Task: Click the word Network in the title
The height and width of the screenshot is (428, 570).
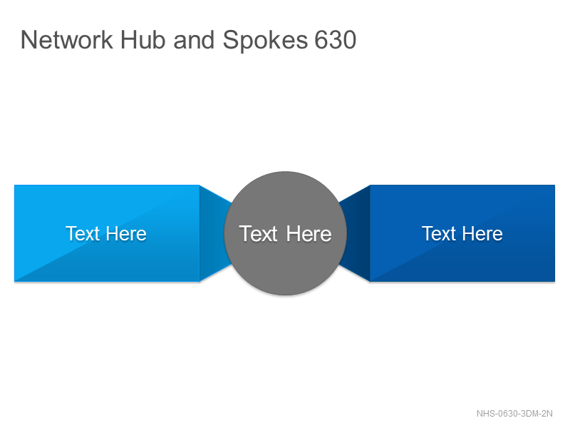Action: (67, 40)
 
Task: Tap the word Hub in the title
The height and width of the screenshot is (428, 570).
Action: (143, 40)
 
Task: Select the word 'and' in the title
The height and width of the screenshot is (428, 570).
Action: (194, 40)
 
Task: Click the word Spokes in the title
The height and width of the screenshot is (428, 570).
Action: (265, 41)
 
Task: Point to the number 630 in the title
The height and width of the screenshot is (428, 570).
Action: (336, 40)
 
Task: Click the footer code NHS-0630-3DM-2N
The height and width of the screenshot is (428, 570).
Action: (514, 414)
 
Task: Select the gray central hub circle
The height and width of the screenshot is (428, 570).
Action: (286, 233)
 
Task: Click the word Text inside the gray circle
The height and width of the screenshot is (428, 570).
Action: (259, 234)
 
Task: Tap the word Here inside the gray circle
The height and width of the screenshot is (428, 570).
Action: (309, 234)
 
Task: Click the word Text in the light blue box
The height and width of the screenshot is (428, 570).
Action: (83, 233)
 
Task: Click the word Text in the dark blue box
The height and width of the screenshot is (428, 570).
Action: (439, 233)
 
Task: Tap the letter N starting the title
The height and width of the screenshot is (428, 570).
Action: (28, 40)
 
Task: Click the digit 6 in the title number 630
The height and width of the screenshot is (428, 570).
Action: (321, 40)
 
